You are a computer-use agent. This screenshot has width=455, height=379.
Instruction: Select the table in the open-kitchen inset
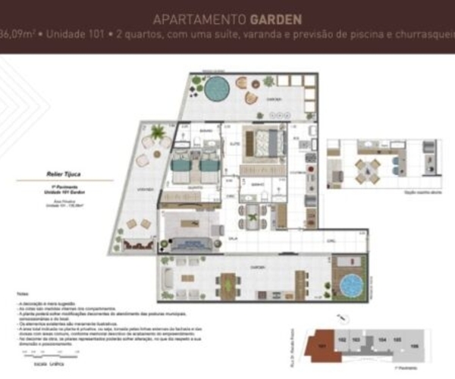click(366, 168)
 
